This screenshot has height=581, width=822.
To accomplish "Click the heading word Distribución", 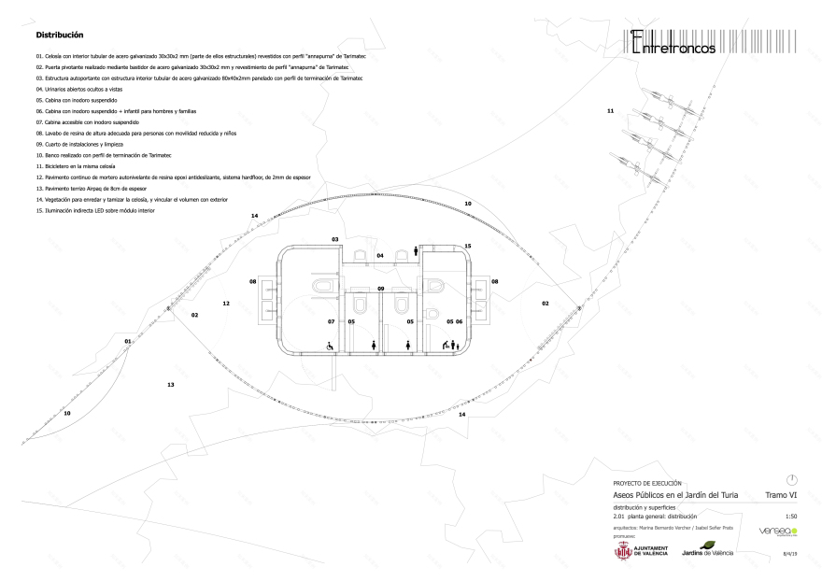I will (60, 35).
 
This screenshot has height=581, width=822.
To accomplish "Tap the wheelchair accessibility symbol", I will (330, 346).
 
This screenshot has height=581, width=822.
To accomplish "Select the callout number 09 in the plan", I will (381, 289).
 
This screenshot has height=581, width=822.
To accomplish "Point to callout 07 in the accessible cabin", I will (331, 321).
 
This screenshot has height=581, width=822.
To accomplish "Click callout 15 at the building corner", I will (467, 247).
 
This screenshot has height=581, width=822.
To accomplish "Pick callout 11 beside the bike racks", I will (610, 111).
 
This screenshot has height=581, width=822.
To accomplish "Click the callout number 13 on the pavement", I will (170, 385).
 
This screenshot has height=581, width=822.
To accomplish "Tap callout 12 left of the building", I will (226, 304).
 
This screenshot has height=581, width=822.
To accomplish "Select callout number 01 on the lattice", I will (127, 342).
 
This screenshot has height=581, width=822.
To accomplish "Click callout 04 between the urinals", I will (380, 255).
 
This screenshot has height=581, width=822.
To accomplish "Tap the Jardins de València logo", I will (708, 550).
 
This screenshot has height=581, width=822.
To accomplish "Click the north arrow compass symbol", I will (791, 479).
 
